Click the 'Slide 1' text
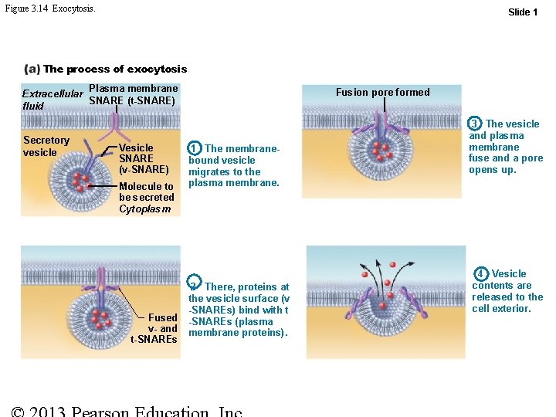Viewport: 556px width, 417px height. pyautogui.click(x=523, y=12)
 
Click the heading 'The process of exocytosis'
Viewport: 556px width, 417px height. pyautogui.click(x=115, y=69)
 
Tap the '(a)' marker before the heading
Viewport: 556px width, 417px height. pyautogui.click(x=32, y=69)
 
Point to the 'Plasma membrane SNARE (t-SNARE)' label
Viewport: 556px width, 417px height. pyautogui.click(x=133, y=94)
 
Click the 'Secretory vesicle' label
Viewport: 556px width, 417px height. pyautogui.click(x=46, y=146)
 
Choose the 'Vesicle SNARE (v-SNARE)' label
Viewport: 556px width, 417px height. pyautogui.click(x=144, y=158)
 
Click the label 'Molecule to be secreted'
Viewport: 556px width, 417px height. pyautogui.click(x=146, y=192)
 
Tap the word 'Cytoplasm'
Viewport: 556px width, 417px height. pyautogui.click(x=144, y=209)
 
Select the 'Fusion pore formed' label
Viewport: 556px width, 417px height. pyautogui.click(x=382, y=93)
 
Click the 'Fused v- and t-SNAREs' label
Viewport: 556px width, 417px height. pyautogui.click(x=155, y=328)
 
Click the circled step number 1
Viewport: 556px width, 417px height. pyautogui.click(x=195, y=147)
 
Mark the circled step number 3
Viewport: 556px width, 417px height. pyautogui.click(x=476, y=124)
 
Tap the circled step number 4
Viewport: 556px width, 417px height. pyautogui.click(x=481, y=273)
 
